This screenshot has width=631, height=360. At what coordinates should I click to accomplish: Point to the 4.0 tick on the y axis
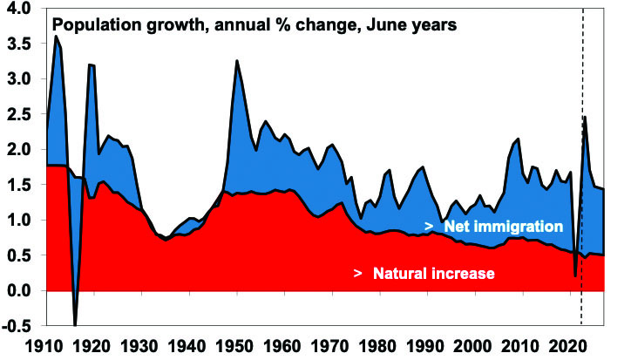click(x=19, y=9)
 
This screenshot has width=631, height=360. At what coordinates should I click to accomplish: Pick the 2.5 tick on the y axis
click(x=19, y=114)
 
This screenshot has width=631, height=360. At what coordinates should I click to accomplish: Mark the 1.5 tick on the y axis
click(x=19, y=185)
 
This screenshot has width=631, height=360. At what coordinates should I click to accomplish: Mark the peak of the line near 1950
click(x=236, y=61)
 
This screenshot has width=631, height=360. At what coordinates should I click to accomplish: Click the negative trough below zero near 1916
click(x=76, y=325)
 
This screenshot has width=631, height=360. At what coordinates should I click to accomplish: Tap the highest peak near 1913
click(x=57, y=37)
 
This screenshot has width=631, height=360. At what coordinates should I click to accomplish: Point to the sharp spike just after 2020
click(x=586, y=117)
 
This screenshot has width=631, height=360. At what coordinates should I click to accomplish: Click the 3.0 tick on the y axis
click(x=19, y=79)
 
